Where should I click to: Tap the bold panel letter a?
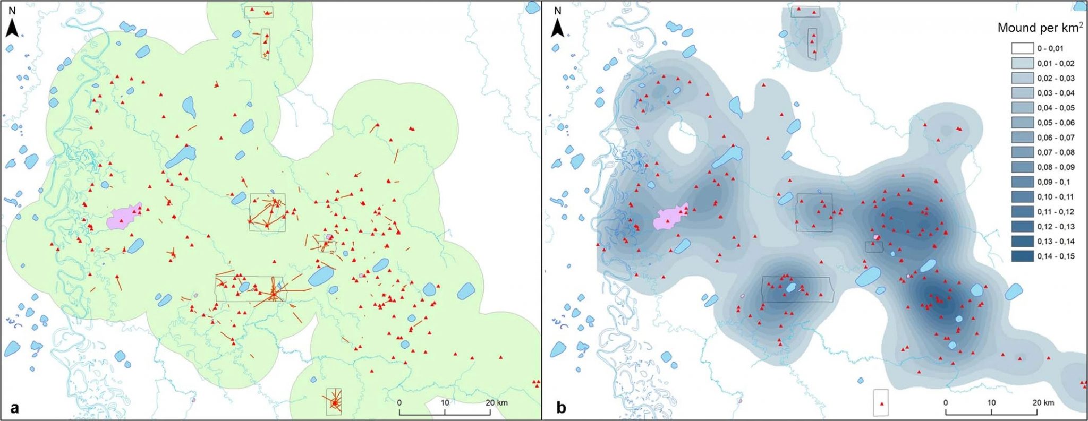(x=14, y=407)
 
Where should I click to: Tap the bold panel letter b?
(x=560, y=407)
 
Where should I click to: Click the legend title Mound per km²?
(x=1039, y=28)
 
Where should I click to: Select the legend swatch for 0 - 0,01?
(x=1022, y=48)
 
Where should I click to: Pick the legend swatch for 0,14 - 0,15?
(x=1022, y=256)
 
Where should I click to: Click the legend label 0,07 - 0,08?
(x=1056, y=152)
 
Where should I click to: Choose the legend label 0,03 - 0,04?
(x=1056, y=93)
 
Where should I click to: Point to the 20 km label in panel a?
(x=496, y=402)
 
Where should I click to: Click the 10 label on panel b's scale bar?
(x=991, y=402)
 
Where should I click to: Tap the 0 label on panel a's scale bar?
(x=399, y=402)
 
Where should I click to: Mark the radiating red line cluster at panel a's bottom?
(x=334, y=403)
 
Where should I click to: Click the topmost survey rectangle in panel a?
(x=259, y=12)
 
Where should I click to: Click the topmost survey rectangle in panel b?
(x=805, y=12)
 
